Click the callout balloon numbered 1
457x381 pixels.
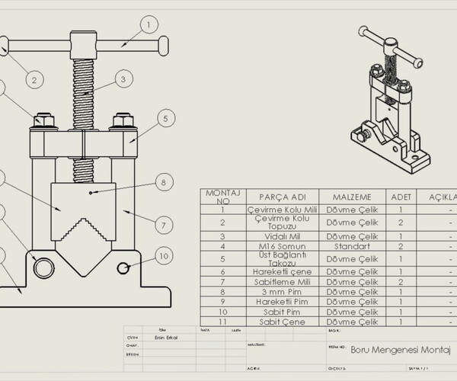click(146, 24)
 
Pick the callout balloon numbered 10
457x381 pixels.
click(163, 255)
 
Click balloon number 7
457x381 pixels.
click(163, 225)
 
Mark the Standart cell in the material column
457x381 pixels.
click(352, 246)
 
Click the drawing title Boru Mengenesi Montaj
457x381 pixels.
click(400, 351)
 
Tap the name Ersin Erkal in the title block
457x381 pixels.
click(159, 338)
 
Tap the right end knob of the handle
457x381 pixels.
click(161, 46)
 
